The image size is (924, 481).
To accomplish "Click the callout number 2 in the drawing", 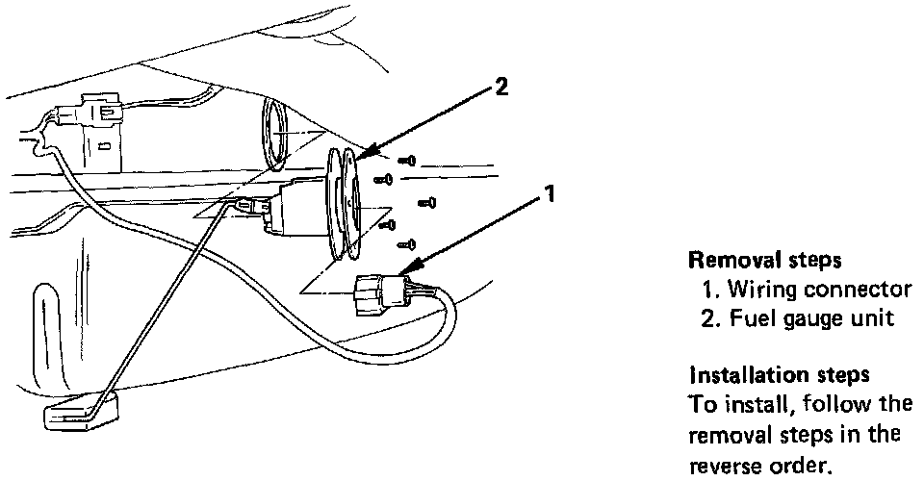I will pos(501,87).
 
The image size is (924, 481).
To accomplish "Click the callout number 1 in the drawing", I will pos(550,193).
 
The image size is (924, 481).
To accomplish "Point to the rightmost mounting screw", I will pos(429,202).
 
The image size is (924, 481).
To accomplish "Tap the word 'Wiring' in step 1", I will pos(757,289).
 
